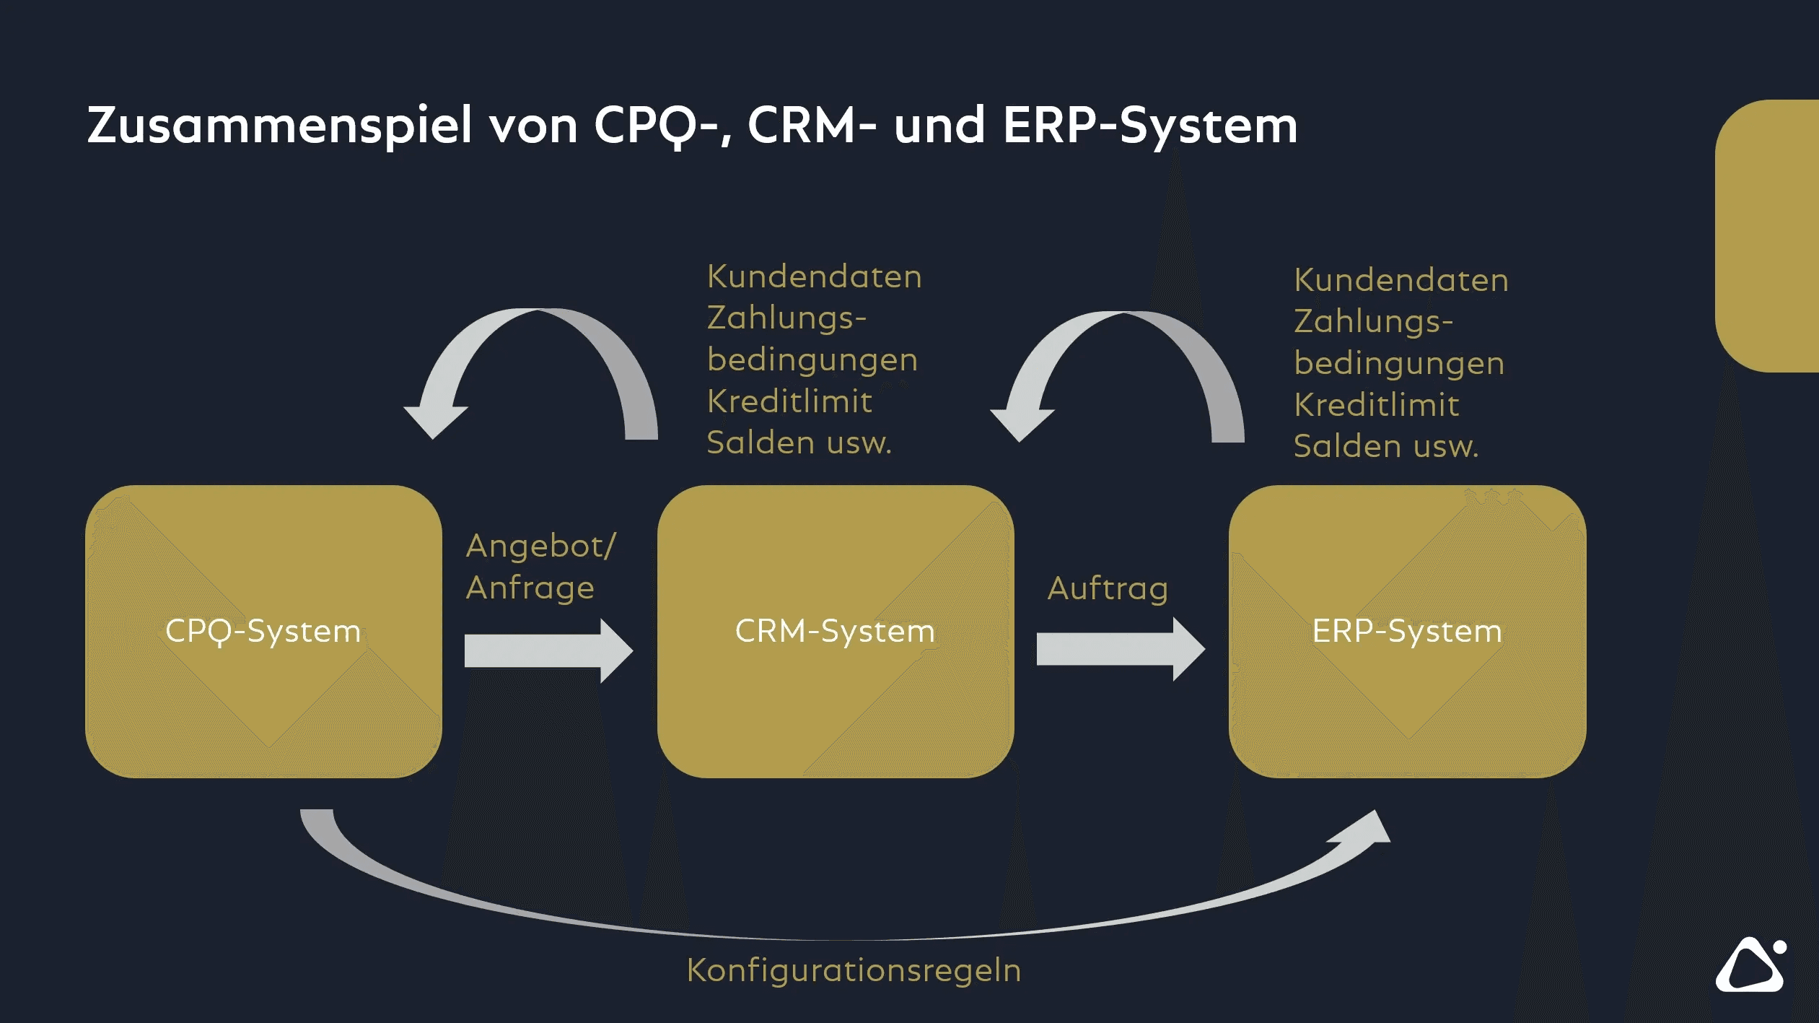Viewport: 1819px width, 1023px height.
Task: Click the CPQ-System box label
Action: click(263, 632)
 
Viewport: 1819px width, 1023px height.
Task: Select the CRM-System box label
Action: click(835, 632)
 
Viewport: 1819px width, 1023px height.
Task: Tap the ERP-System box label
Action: click(1406, 632)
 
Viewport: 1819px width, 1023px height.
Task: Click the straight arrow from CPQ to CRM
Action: click(548, 650)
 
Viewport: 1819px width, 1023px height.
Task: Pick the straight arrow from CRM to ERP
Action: click(1120, 649)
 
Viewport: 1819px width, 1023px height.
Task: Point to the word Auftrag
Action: click(1108, 589)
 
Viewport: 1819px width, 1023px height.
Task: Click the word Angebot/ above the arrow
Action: click(541, 547)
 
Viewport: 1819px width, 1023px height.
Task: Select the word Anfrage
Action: click(530, 588)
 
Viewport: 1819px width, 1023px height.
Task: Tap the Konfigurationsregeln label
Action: click(854, 971)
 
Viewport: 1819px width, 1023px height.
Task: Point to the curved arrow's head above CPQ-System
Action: click(435, 419)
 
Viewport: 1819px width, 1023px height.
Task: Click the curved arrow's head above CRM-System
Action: click(1022, 422)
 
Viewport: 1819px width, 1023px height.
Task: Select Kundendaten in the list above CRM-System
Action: click(814, 277)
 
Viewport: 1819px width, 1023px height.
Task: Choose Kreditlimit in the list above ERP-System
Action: click(1376, 406)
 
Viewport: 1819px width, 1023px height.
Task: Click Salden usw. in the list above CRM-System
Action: click(799, 443)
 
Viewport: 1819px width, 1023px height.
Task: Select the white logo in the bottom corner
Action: click(1750, 965)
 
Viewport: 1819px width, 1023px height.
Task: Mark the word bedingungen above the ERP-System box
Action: click(1399, 364)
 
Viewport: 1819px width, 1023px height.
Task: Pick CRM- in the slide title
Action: click(812, 126)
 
